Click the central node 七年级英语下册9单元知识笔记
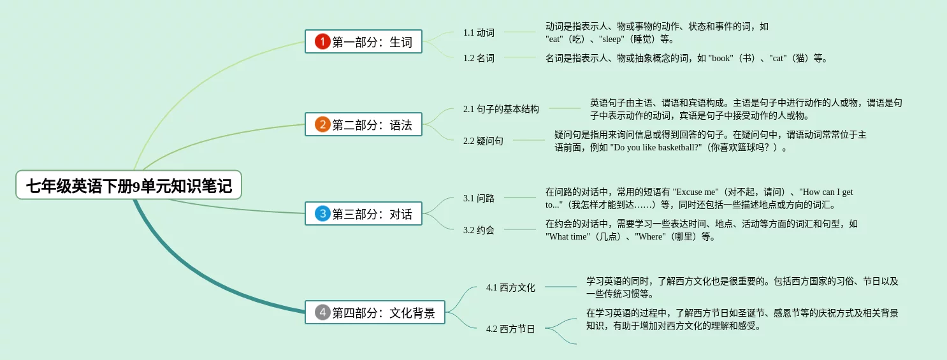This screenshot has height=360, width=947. click(129, 185)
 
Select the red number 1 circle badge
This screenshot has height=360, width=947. click(323, 42)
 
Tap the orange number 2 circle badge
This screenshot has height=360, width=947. click(323, 125)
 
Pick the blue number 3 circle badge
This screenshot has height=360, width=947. click(323, 214)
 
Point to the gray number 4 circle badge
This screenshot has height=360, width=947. click(323, 312)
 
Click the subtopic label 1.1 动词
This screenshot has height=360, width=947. click(479, 32)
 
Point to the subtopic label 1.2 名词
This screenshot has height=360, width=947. click(479, 58)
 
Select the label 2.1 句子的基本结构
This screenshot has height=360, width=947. click(501, 109)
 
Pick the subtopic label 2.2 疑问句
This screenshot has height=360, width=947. click(483, 141)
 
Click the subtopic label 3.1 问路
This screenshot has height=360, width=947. click(479, 198)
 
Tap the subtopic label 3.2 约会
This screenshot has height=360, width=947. click(479, 230)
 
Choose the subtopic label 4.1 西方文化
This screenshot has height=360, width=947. click(510, 287)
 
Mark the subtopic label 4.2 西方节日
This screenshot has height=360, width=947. click(510, 329)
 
